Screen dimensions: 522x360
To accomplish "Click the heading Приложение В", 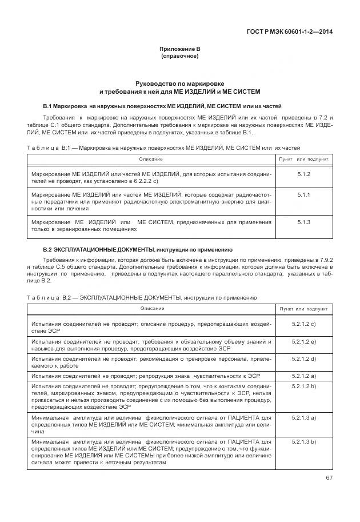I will pyautogui.click(x=179, y=49).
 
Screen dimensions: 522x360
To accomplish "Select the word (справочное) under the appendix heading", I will pyautogui.click(x=179, y=57).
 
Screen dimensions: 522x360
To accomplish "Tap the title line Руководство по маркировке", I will pyautogui.click(x=179, y=83).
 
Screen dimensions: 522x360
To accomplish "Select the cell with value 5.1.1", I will pyautogui.click(x=303, y=195).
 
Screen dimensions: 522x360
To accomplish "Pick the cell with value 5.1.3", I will pyautogui.click(x=303, y=222).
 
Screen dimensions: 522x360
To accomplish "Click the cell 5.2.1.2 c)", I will pyautogui.click(x=303, y=324).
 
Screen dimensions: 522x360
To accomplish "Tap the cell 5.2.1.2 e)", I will pyautogui.click(x=303, y=341).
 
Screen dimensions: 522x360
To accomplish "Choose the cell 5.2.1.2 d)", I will pyautogui.click(x=303, y=358).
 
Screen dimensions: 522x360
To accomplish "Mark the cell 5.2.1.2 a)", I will pyautogui.click(x=303, y=376).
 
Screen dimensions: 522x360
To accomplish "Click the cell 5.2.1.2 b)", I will pyautogui.click(x=303, y=386).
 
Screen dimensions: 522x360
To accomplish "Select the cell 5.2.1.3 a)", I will pyautogui.click(x=303, y=418).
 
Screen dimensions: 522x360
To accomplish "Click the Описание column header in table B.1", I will pyautogui.click(x=151, y=158).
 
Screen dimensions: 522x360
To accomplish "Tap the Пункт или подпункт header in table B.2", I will pyautogui.click(x=303, y=309).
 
